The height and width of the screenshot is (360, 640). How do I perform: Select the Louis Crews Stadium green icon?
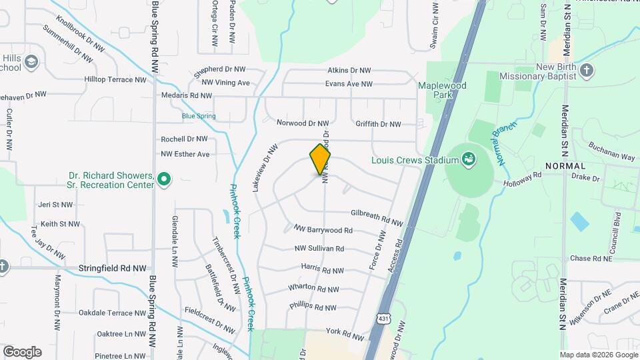coord(469,159)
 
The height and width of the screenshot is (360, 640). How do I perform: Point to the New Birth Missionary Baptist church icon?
coord(587,71)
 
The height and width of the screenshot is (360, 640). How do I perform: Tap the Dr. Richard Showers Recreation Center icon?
coord(164,179)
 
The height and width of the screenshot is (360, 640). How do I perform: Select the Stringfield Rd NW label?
coord(112,269)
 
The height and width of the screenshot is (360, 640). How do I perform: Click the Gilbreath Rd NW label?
coord(377,218)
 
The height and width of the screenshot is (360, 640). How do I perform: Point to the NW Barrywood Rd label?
coord(323,230)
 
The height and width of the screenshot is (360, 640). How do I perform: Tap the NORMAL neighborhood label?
coord(565,165)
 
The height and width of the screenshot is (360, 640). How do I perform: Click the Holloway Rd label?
coord(523,179)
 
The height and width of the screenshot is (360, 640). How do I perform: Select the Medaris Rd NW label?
coord(185,95)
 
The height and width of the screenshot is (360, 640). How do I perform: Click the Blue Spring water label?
coord(199,116)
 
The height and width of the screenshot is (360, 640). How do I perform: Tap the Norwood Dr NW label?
coord(303,123)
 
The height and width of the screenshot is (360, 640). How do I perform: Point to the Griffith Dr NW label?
coord(378,124)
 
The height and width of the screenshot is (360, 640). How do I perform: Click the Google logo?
coord(22,351)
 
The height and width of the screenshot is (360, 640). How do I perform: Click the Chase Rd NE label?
coord(591,259)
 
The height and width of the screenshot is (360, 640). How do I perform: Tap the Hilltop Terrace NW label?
coord(115,79)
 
